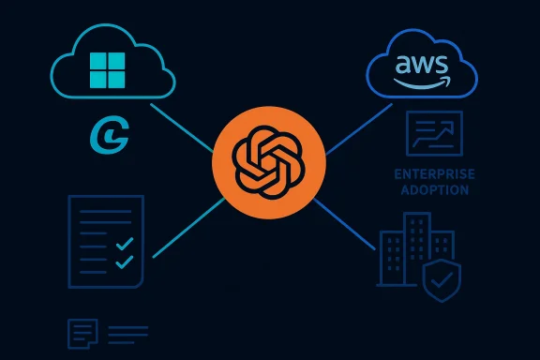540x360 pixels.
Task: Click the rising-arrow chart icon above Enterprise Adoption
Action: coord(433,133)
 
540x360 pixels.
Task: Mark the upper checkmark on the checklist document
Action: coord(122,241)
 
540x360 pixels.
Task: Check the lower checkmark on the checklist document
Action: coord(122,262)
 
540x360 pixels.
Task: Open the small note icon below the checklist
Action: coord(82,333)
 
